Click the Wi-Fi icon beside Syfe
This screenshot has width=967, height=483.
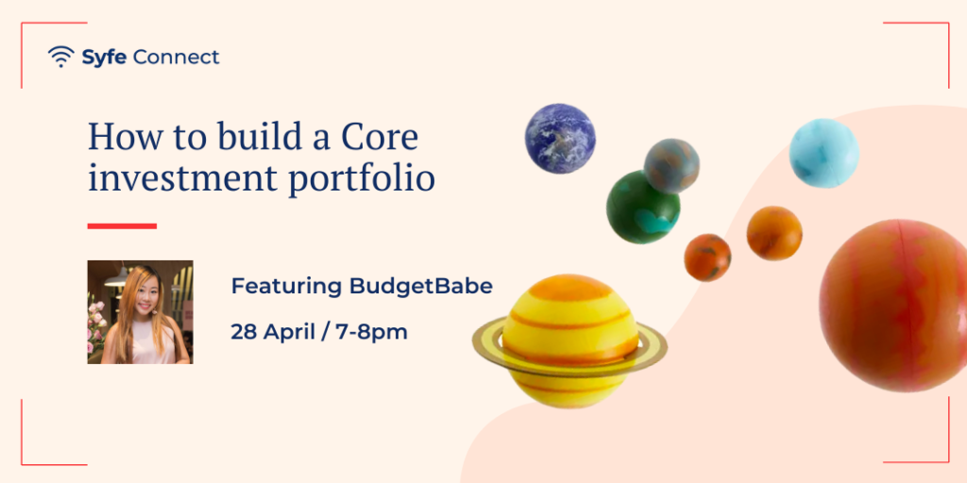[x=60, y=57]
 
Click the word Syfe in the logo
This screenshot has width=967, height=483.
[x=105, y=58]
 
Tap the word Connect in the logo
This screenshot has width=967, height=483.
[x=176, y=58]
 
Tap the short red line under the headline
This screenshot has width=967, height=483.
[x=122, y=226]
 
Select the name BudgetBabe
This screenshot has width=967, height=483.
[x=420, y=287]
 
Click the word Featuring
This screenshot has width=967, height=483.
[x=286, y=288]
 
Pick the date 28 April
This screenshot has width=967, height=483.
[x=277, y=332]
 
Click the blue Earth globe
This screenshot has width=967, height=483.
[x=560, y=139]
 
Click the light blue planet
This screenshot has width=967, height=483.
[x=823, y=153]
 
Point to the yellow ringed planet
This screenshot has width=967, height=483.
[x=569, y=341]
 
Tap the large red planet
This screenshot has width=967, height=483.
[x=894, y=306]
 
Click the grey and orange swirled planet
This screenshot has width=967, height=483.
[x=671, y=166]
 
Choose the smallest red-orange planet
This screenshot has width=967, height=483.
[x=707, y=258]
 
